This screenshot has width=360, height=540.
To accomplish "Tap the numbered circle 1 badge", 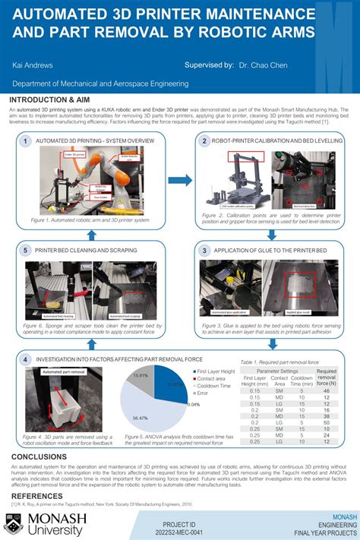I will (26, 141).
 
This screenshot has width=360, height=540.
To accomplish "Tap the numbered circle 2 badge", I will (204, 141).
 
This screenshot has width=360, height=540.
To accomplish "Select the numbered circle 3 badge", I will (204, 249).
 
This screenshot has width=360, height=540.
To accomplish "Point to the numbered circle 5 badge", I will (26, 249).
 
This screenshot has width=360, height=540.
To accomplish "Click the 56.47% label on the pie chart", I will (140, 418).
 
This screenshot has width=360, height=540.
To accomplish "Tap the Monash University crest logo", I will (14, 523).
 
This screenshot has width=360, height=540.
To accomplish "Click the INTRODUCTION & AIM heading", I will (50, 99).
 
